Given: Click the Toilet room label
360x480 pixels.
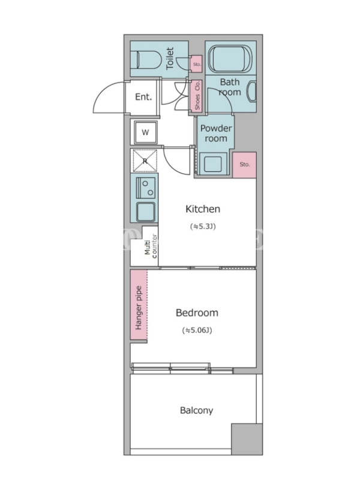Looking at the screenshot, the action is pos(170,58).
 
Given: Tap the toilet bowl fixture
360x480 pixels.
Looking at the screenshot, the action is pos(144,59).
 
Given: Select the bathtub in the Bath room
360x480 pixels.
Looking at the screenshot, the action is pos(230,58).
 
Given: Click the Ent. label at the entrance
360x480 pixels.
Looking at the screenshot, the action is pos(143,97).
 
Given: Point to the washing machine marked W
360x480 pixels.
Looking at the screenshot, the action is pos(145,132).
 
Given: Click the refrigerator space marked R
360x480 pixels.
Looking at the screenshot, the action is pos(145,161).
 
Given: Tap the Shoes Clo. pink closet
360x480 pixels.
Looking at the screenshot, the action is pos(197,95).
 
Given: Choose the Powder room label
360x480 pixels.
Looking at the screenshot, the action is pos(216,133).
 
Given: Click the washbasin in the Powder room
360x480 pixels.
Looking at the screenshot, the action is pos(213,163).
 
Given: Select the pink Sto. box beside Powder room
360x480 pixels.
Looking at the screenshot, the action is pos(244,164).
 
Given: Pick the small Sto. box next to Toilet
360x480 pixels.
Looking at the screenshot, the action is pos(197,64).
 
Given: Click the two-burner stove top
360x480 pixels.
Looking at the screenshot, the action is pos(145,188).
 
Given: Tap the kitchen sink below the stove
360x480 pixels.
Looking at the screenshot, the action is pos(145,212).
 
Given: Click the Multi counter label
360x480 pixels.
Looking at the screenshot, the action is pos(151,246).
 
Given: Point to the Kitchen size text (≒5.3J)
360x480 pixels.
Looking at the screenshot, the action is pos(203,227).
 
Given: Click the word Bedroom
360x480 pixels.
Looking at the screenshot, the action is pos(197,313).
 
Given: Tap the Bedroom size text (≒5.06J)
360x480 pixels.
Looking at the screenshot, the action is pos(197,331).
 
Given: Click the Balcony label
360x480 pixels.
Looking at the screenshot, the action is pos(197,410).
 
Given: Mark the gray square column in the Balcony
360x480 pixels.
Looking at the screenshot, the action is pos(247,439).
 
